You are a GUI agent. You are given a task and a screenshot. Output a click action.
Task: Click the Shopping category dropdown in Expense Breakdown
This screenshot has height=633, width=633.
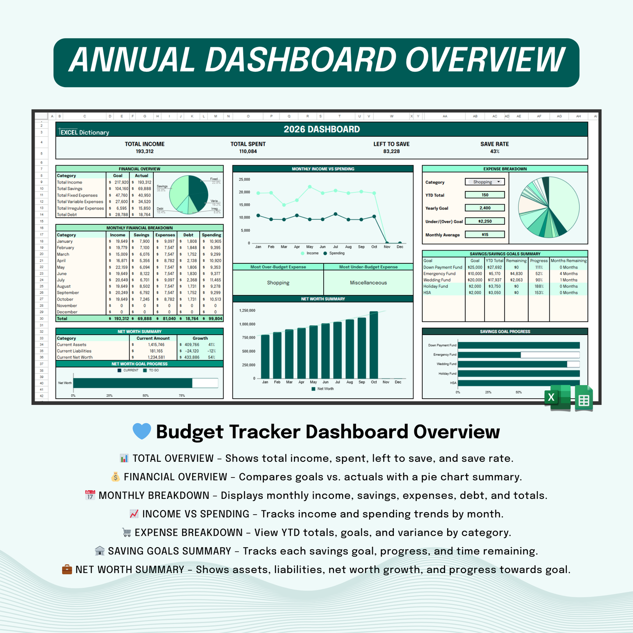point(485,182)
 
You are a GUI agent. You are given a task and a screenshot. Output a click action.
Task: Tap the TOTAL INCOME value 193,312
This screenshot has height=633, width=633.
point(145,152)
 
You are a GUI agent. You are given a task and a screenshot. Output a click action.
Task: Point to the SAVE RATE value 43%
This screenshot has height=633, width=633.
point(495,152)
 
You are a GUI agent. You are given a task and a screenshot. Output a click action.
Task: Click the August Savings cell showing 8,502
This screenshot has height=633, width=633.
point(144,286)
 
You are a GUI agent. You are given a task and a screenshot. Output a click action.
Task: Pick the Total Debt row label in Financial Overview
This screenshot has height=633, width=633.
point(67,215)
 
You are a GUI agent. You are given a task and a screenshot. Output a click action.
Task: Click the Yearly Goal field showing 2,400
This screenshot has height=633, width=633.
point(485,208)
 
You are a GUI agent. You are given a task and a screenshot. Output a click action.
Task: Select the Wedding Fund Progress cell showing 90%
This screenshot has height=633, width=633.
point(538,280)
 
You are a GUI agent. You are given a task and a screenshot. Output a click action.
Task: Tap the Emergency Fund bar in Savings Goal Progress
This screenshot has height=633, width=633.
point(489,355)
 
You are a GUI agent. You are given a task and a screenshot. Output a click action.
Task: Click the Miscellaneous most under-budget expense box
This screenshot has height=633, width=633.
point(368,283)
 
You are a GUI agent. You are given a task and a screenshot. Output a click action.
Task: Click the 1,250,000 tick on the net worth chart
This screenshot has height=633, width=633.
point(247,311)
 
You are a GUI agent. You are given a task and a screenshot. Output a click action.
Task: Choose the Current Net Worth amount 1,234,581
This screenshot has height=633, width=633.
point(156,357)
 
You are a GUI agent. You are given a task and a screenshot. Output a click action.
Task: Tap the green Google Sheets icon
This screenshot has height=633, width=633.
point(583,399)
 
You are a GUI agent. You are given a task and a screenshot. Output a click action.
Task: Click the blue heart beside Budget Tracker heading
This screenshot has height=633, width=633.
point(141,431)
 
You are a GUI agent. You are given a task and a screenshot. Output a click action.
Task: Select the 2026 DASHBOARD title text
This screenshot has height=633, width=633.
point(322,129)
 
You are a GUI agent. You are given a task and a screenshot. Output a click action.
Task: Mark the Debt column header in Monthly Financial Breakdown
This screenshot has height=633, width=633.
point(188,235)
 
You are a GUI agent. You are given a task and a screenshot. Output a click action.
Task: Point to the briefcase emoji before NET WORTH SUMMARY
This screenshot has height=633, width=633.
point(67,569)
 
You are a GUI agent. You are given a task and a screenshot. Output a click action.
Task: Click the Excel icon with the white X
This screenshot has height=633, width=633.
point(556,398)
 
